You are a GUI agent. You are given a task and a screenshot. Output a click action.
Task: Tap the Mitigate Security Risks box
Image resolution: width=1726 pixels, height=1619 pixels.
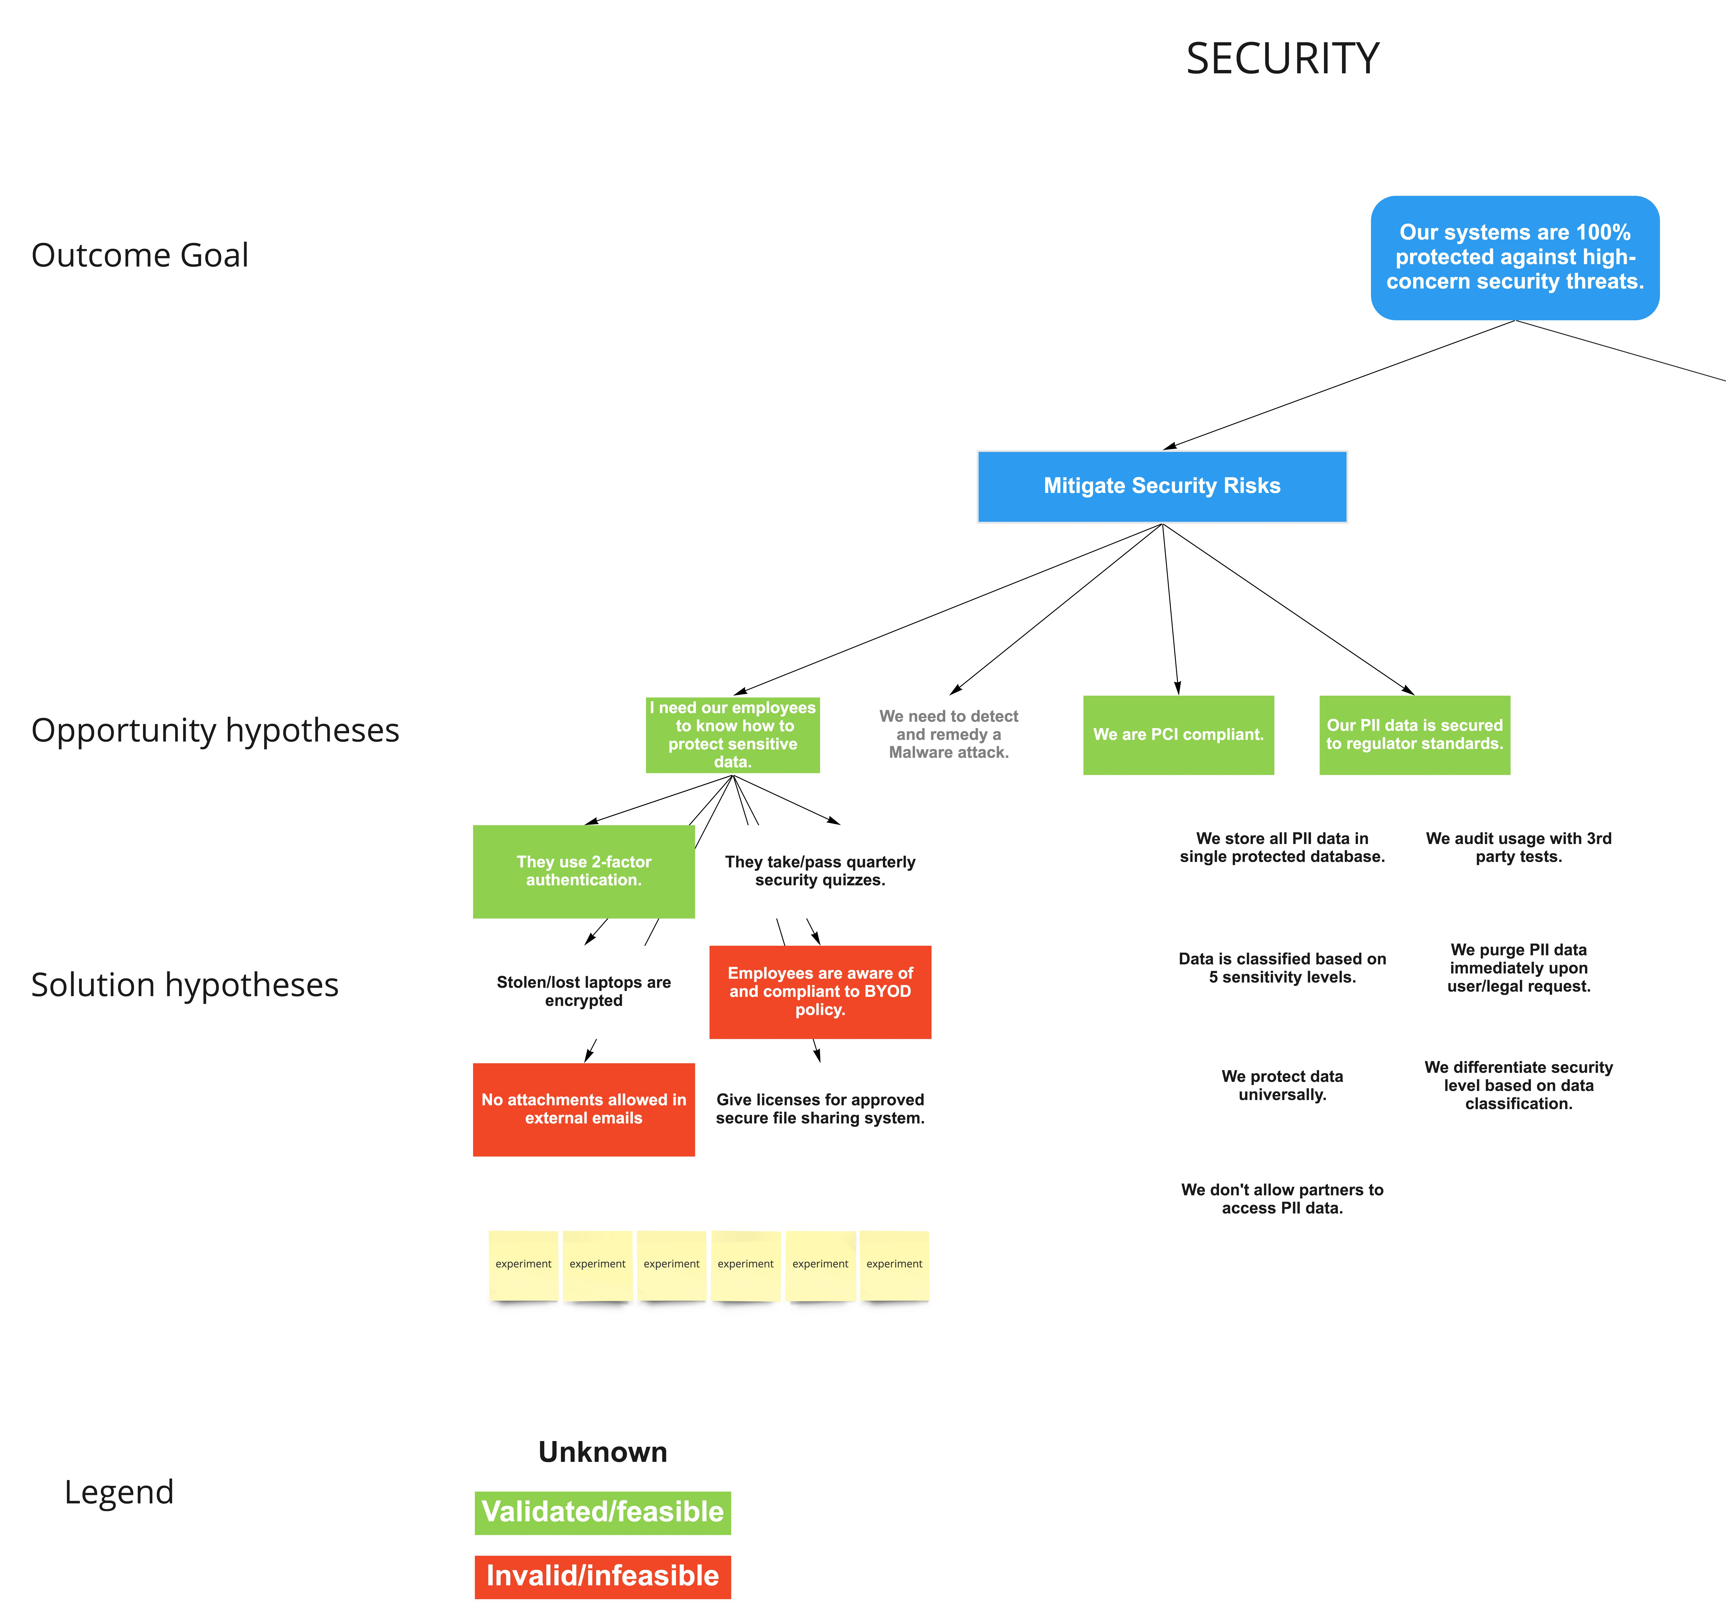tap(1162, 486)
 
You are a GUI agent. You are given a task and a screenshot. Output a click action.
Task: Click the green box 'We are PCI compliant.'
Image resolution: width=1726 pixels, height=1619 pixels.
tap(1178, 734)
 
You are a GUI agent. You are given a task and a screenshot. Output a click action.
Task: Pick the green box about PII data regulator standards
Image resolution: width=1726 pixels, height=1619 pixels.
tap(1414, 734)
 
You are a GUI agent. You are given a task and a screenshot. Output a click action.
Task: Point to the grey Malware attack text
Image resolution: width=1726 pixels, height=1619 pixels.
tap(948, 734)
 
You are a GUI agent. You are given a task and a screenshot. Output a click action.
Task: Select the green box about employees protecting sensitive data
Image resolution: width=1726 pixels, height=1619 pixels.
tap(733, 734)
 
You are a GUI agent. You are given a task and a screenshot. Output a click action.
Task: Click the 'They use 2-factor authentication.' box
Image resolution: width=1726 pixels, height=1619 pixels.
tap(583, 871)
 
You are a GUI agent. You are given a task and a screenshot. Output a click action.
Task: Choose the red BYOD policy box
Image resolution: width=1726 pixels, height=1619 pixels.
tap(820, 991)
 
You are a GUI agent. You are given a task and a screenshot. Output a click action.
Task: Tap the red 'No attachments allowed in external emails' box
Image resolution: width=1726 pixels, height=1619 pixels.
tap(583, 1109)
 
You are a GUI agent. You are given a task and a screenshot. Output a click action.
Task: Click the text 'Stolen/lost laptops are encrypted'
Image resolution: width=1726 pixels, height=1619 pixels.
tap(583, 991)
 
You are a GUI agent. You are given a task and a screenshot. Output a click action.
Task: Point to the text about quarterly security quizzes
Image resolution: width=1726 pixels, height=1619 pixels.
tap(820, 871)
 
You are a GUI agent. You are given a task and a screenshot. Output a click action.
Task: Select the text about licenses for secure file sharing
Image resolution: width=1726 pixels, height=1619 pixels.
tap(820, 1109)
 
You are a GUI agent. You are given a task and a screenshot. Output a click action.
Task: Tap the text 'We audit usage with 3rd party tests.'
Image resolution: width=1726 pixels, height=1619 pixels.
tap(1518, 847)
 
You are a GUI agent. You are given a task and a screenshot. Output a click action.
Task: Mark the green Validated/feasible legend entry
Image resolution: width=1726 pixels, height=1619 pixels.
tap(603, 1512)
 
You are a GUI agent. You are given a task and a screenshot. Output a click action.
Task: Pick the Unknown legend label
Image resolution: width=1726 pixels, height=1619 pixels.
tap(603, 1452)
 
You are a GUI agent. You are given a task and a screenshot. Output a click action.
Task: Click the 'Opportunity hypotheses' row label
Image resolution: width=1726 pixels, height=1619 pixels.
tap(215, 730)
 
